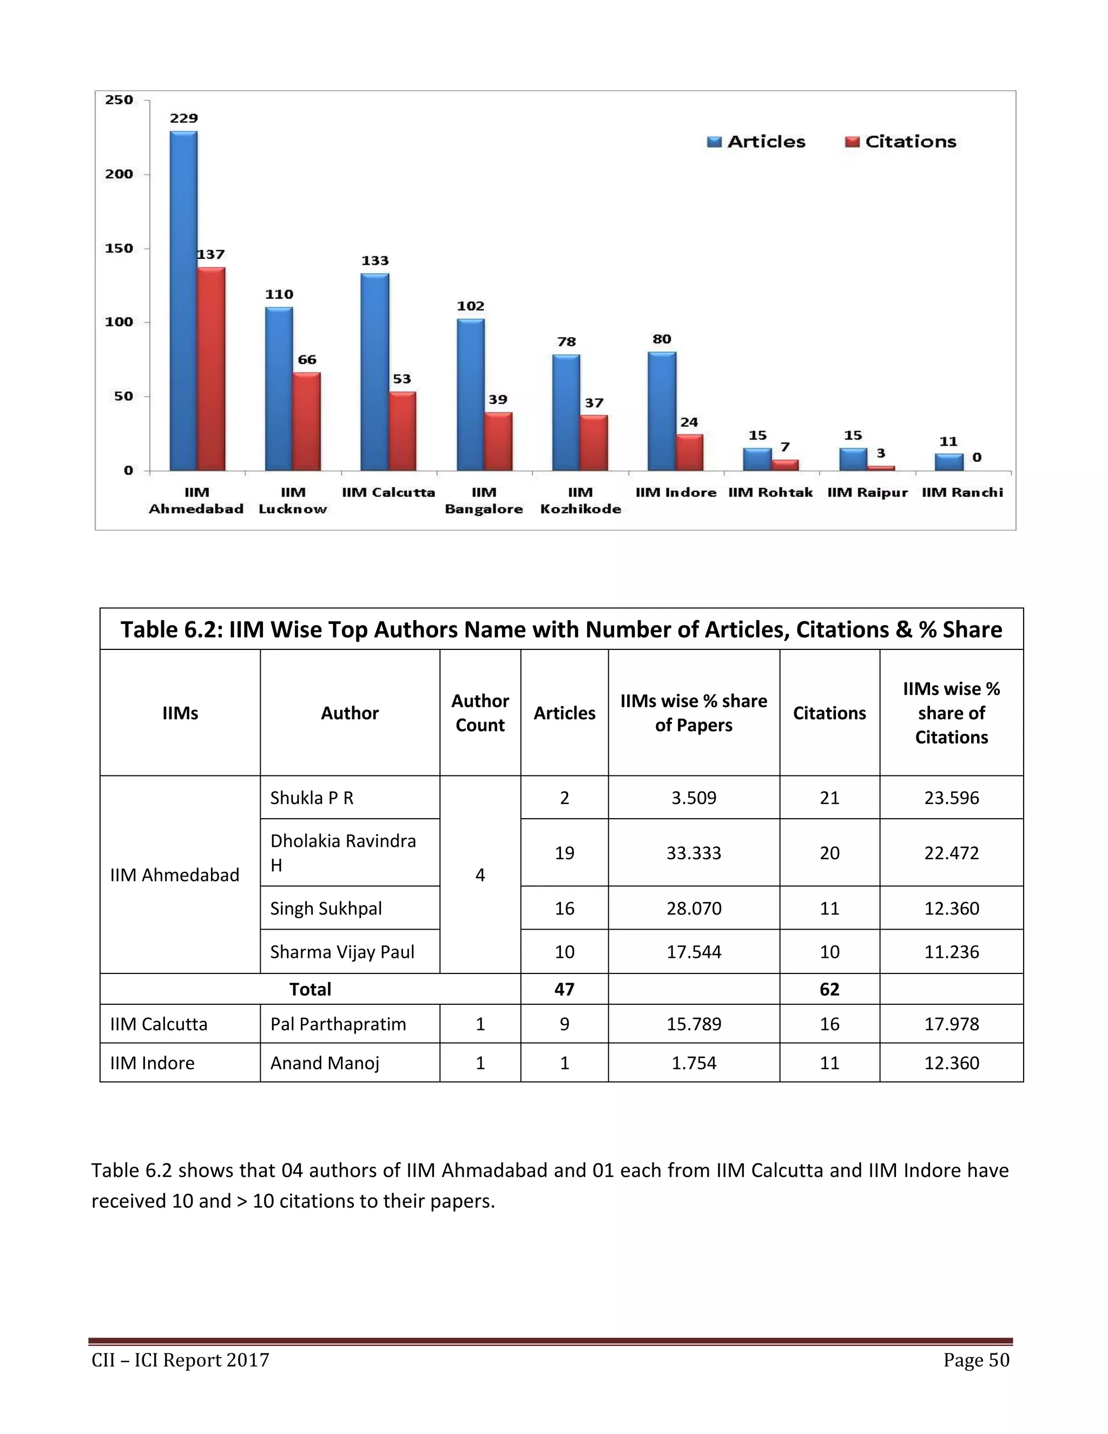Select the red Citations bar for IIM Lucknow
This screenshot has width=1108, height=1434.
(x=307, y=422)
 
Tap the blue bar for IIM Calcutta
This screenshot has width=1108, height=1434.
(x=375, y=372)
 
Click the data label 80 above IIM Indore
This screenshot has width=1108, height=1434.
(x=662, y=339)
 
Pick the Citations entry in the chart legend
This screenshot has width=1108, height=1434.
(x=901, y=142)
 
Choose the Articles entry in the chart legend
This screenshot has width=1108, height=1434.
(x=756, y=142)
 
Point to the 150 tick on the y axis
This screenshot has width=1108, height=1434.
(x=119, y=248)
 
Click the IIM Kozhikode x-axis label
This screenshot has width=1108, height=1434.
(x=581, y=501)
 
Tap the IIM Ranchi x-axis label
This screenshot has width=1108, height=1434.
(x=962, y=492)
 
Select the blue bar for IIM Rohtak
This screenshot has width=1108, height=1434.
(x=757, y=459)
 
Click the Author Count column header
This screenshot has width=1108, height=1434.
(x=480, y=713)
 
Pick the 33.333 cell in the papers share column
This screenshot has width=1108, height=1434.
(x=694, y=853)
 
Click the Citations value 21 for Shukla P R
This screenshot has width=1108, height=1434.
(x=829, y=798)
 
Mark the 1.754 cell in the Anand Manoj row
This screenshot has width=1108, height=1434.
(x=694, y=1063)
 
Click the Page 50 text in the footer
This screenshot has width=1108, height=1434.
(x=976, y=1360)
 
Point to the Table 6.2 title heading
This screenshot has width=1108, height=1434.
(x=561, y=630)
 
